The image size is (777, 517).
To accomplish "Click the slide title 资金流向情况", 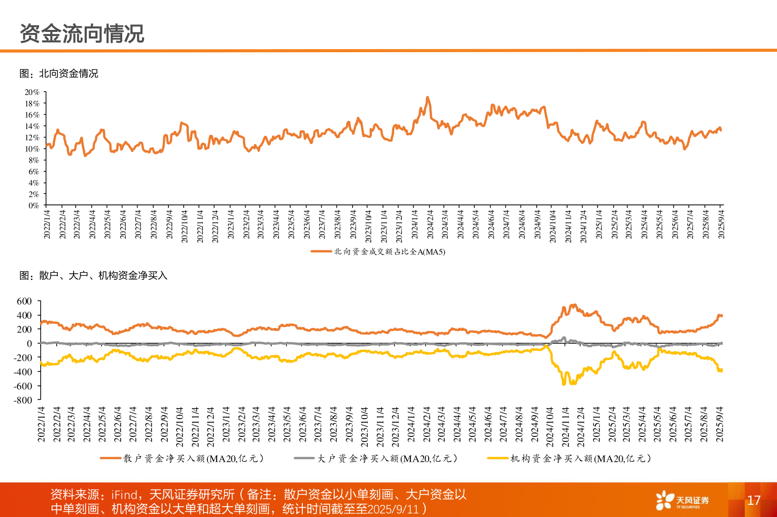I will click(x=82, y=34).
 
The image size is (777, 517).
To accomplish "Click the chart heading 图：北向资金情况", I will click(x=59, y=73).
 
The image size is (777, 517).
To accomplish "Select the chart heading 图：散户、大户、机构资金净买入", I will click(x=93, y=275).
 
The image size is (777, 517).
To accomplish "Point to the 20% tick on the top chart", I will click(x=32, y=92).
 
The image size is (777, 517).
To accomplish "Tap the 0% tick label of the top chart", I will click(x=33, y=206).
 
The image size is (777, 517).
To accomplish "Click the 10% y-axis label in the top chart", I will click(x=32, y=149).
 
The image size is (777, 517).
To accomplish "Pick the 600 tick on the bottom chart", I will click(x=24, y=301).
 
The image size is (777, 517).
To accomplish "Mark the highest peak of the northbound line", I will click(x=428, y=97).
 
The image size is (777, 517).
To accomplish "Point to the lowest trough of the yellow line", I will click(x=564, y=384).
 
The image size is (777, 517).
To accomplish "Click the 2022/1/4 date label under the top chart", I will click(x=47, y=224).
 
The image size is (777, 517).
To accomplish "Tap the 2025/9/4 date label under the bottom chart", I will click(x=719, y=424).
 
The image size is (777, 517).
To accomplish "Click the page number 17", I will click(x=754, y=500).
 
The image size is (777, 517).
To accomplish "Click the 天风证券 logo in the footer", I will click(x=682, y=500).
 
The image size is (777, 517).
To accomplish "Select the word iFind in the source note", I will click(x=124, y=494).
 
